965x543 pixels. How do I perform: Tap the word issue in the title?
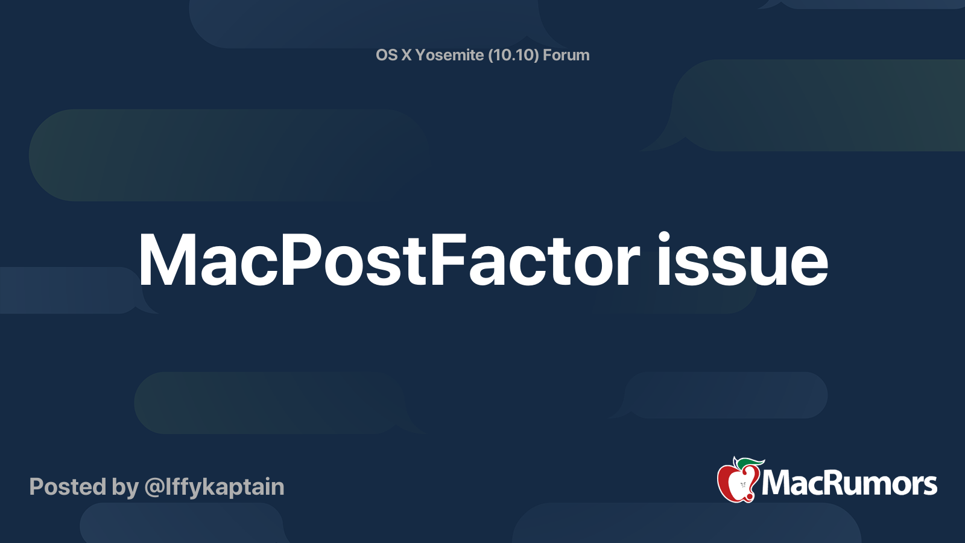pos(742,261)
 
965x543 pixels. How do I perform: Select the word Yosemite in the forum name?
pos(449,55)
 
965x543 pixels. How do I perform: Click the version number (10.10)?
pos(513,55)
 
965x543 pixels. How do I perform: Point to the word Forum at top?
pos(566,55)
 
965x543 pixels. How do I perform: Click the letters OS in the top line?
pos(387,55)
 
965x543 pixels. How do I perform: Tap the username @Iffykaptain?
pos(214,487)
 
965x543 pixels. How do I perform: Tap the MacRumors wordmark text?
pos(849,483)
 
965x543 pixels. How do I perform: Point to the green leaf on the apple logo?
pos(750,463)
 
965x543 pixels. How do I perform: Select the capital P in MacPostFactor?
pos(300,261)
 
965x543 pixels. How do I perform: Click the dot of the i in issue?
pos(665,237)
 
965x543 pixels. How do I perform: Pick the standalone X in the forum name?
pos(407,55)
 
